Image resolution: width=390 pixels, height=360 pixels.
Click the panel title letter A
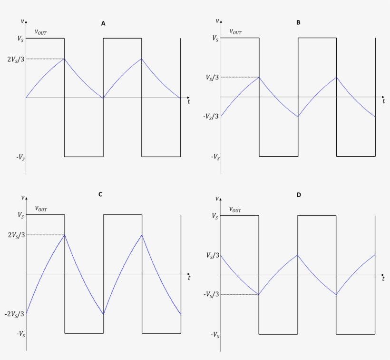pyautogui.click(x=103, y=23)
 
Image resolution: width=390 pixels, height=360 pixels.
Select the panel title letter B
pyautogui.click(x=298, y=22)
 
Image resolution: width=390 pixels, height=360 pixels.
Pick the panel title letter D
pyautogui.click(x=298, y=195)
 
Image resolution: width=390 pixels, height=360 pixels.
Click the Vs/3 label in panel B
pyautogui.click(x=213, y=77)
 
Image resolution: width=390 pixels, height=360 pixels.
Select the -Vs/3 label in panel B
pyautogui.click(x=211, y=117)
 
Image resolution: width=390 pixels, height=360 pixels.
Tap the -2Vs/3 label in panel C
pyautogui.click(x=15, y=314)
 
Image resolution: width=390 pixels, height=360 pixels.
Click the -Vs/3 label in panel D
pyautogui.click(x=211, y=295)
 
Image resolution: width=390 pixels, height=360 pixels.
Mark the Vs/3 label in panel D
pyautogui.click(x=213, y=255)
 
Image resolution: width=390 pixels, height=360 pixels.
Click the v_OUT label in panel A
pyautogui.click(x=41, y=32)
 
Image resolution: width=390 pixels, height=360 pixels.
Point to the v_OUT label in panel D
pyautogui.click(x=235, y=209)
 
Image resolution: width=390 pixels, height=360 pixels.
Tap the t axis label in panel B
pyautogui.click(x=384, y=101)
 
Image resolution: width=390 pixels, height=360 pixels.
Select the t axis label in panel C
pyautogui.click(x=189, y=278)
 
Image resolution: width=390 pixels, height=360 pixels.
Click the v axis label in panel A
pyautogui.click(x=22, y=21)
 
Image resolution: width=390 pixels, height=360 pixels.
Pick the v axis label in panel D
pyautogui.click(x=217, y=198)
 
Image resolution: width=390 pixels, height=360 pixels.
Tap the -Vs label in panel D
pyautogui.click(x=215, y=335)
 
